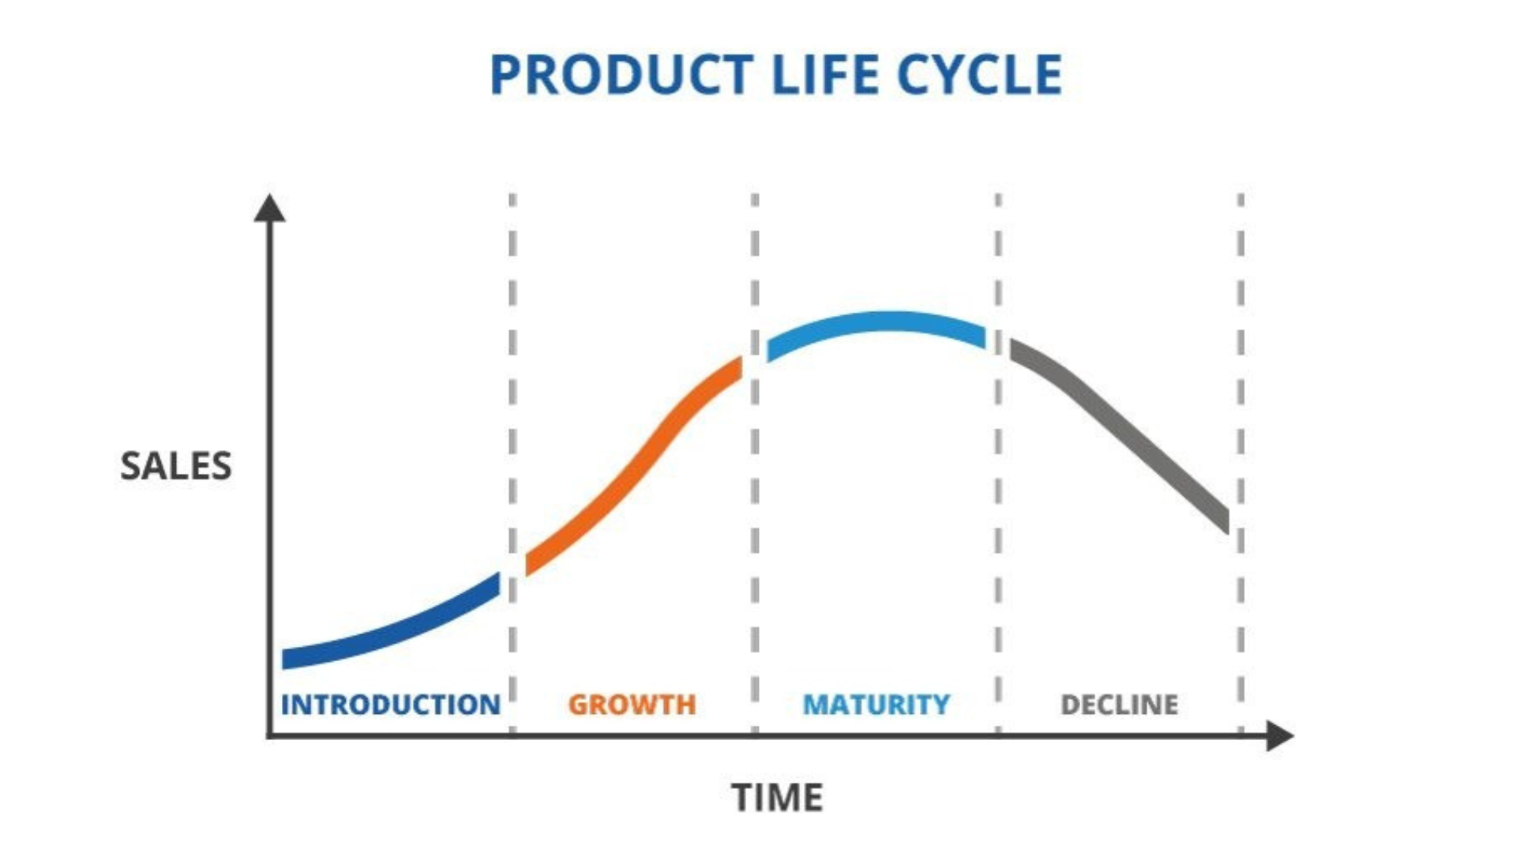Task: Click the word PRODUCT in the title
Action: click(x=621, y=75)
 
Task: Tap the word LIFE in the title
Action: click(x=824, y=75)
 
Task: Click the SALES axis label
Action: click(x=175, y=466)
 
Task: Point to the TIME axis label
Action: click(x=777, y=798)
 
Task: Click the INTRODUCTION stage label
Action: click(x=391, y=705)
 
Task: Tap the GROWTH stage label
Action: click(x=632, y=705)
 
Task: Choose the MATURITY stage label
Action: click(x=876, y=705)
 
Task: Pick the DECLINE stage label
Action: click(x=1119, y=705)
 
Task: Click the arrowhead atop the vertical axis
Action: click(x=269, y=208)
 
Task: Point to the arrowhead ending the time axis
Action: click(x=1280, y=736)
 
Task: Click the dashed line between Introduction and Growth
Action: click(x=512, y=464)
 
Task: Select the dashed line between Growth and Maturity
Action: click(x=755, y=464)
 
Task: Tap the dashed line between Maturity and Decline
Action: click(x=998, y=464)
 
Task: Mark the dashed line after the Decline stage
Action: click(x=1240, y=464)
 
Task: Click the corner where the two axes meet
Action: click(x=270, y=736)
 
